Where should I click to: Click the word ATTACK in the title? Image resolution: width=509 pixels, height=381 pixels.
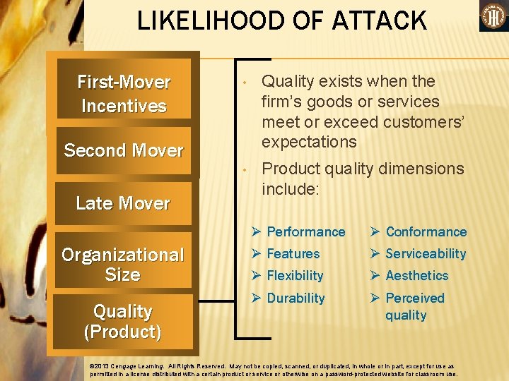pyautogui.click(x=376, y=20)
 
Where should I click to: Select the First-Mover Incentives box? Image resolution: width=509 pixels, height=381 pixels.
pyautogui.click(x=124, y=94)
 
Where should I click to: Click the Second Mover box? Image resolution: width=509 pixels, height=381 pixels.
pyautogui.click(x=124, y=150)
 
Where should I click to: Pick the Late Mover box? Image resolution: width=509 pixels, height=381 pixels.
pyautogui.click(x=124, y=203)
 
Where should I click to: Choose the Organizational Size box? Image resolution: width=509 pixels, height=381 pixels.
pyautogui.click(x=123, y=265)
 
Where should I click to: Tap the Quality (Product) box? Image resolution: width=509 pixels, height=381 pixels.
pyautogui.click(x=123, y=321)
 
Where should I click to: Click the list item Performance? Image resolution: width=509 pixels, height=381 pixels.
pyautogui.click(x=306, y=232)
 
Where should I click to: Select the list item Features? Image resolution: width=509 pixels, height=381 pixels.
pyautogui.click(x=293, y=254)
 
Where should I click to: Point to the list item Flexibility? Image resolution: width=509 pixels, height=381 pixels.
pyautogui.click(x=295, y=276)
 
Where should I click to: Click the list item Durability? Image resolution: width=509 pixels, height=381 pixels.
pyautogui.click(x=296, y=298)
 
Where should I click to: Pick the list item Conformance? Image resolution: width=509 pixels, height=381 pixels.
pyautogui.click(x=426, y=232)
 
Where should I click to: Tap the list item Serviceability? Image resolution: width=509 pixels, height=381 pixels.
pyautogui.click(x=426, y=254)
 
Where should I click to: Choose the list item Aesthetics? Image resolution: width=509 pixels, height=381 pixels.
pyautogui.click(x=417, y=276)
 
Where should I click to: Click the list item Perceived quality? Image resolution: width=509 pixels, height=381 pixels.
pyautogui.click(x=415, y=306)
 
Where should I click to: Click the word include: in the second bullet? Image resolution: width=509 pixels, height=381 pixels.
pyautogui.click(x=291, y=189)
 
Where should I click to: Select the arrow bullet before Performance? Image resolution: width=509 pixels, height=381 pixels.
pyautogui.click(x=257, y=232)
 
